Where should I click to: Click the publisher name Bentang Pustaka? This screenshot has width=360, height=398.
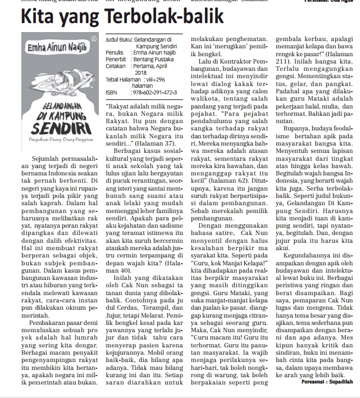click(x=152, y=58)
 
